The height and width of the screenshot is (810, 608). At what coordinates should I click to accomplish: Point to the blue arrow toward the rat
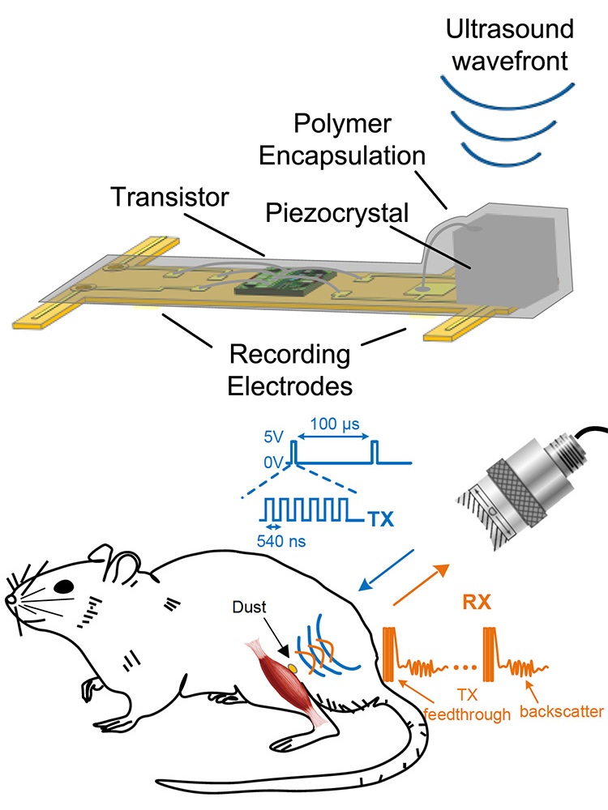[x=387, y=576]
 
